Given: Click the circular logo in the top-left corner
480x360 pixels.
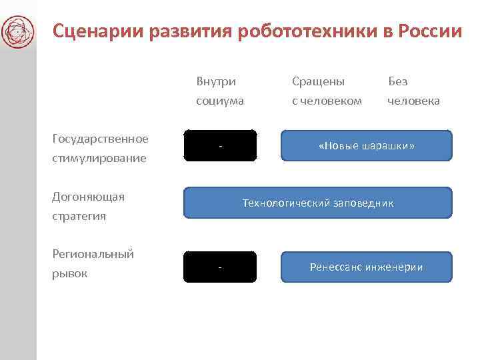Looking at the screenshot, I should pos(18,31).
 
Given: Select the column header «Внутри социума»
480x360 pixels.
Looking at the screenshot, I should pos(219,91).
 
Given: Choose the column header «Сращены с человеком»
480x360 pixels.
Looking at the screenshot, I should pos(327,91).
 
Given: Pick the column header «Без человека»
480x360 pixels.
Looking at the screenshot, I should pos(413,91).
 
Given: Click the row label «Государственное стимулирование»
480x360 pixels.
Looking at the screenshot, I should pos(100,149).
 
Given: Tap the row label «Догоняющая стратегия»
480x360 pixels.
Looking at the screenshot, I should pos(89,207).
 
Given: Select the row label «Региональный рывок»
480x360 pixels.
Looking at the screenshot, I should pos(93,263).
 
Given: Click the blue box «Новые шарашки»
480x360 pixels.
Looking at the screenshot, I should pos(366,145).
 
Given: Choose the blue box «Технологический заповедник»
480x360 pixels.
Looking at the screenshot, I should pos(317,203).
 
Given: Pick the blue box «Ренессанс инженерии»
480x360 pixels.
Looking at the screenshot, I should pos(366,267).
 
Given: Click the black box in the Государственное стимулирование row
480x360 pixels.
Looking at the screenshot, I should pos(220,145).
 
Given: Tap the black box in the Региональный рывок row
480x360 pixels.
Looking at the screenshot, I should pos(220,267).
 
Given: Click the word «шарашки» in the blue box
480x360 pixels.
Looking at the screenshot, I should pos(389,145).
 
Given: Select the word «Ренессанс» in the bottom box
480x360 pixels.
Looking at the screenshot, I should pos(335,267).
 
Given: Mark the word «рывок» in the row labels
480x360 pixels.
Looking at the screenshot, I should pos(69,273).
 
